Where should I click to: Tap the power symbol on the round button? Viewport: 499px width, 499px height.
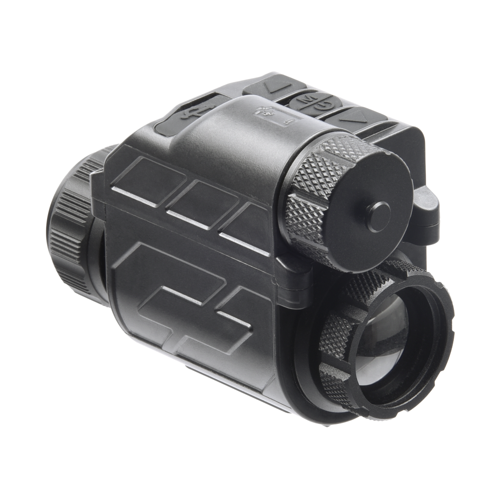(319, 105)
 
